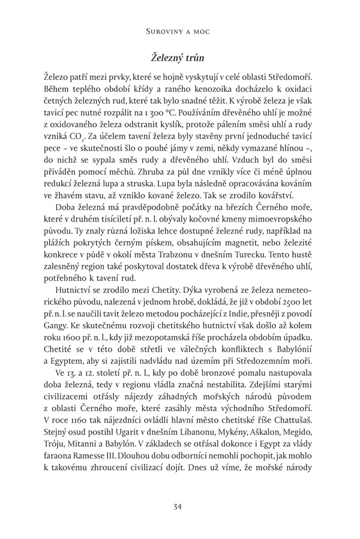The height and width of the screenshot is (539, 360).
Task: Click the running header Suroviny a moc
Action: coord(179,28)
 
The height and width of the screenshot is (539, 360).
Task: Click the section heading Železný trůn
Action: coord(179,58)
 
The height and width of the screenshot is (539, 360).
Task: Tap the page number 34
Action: coord(179,507)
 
